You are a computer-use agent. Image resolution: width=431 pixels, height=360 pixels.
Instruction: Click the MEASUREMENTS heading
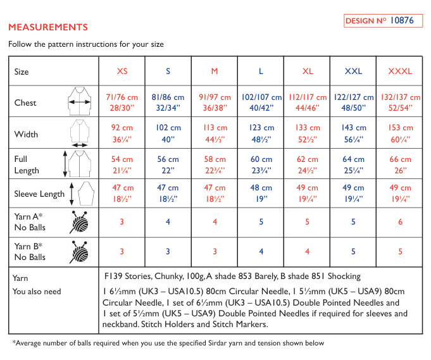coord(48,28)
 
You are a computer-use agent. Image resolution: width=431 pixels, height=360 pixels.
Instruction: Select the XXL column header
coord(353,71)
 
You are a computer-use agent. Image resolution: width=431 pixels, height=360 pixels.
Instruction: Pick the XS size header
coord(122,71)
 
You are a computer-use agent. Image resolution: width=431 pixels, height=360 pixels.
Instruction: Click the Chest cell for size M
coord(215,102)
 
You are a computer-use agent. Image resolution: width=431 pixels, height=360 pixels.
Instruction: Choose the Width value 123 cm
coord(261,133)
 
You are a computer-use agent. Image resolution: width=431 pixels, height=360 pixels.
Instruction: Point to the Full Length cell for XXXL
coord(400,164)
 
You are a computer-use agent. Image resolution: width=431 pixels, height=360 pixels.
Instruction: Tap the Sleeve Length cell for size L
coord(261,194)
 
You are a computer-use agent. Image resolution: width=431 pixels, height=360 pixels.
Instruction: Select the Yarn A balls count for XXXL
coord(400,222)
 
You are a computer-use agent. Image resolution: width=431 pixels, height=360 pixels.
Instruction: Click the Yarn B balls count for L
coord(261,252)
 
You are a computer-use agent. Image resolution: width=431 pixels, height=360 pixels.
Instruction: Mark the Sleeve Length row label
coord(39,194)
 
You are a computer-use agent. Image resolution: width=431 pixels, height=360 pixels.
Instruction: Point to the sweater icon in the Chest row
coord(80,102)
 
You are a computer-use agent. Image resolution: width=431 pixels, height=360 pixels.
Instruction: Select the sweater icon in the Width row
coord(80,134)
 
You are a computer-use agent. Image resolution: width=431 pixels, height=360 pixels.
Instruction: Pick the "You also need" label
coord(37,292)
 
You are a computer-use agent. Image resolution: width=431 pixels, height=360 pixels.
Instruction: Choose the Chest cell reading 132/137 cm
coord(400,102)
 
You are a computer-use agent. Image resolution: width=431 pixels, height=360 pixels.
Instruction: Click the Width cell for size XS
coord(122,133)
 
